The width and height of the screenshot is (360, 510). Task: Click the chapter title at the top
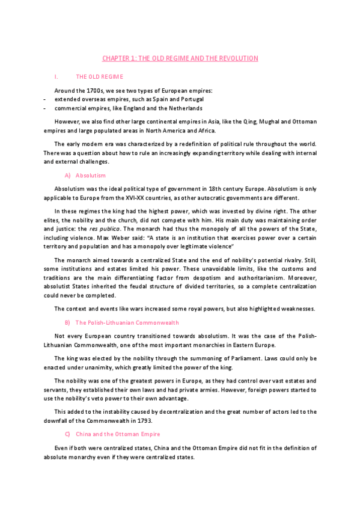180,58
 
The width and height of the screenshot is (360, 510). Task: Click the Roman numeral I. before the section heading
56,77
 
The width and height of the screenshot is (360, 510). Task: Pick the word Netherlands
184,108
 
